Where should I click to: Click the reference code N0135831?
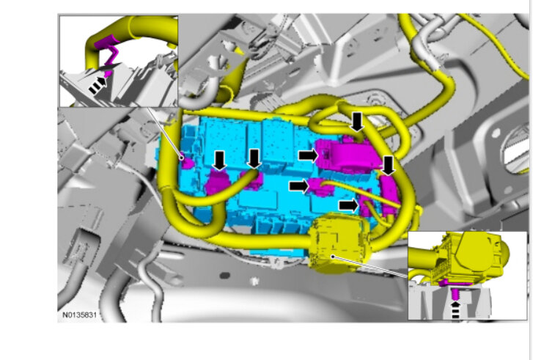(x=79, y=315)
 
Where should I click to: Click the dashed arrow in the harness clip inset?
(x=98, y=85)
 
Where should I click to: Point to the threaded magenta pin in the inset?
(x=455, y=293)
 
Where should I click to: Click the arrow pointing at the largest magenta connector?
(x=309, y=155)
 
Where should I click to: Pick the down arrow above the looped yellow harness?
(x=357, y=122)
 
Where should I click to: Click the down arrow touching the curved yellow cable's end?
(x=254, y=159)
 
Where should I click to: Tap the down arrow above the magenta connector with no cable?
(x=220, y=161)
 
